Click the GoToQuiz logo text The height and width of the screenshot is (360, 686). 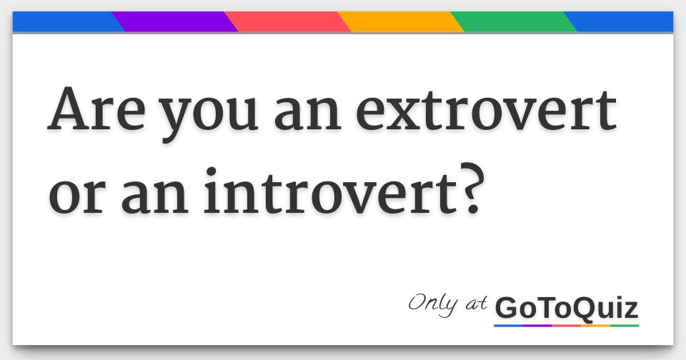[566, 309]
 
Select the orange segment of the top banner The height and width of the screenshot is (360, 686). [400, 22]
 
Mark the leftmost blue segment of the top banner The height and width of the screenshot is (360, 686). [64, 22]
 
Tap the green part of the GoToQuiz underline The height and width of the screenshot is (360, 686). [625, 326]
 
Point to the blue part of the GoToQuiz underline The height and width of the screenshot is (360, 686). [508, 326]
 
